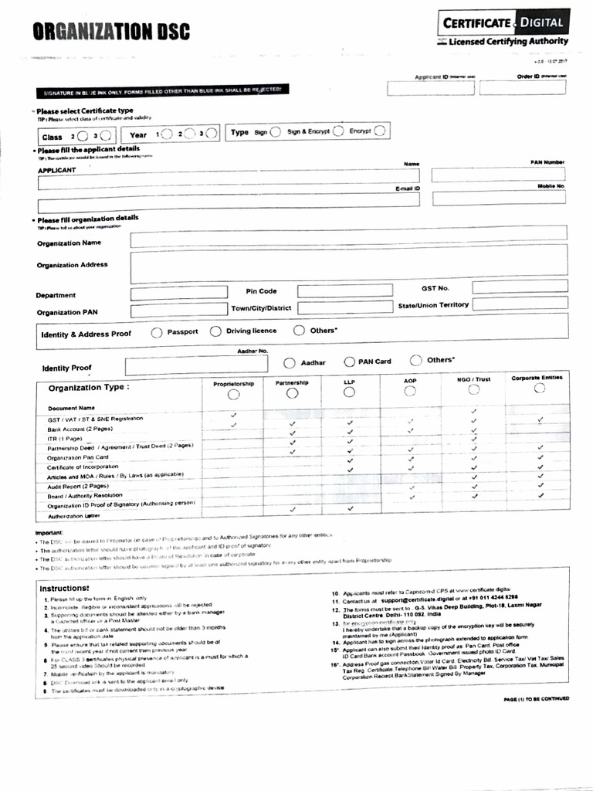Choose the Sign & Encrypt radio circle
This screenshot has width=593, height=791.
pyautogui.click(x=338, y=131)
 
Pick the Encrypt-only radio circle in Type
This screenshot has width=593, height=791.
pyautogui.click(x=381, y=131)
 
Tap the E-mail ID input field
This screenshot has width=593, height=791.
pyautogui.click(x=229, y=199)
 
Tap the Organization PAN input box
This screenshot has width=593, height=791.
pyautogui.click(x=178, y=311)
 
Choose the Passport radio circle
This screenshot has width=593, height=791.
pyautogui.click(x=157, y=332)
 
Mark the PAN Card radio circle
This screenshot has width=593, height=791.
pyautogui.click(x=349, y=362)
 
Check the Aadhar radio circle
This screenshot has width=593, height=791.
pyautogui.click(x=290, y=362)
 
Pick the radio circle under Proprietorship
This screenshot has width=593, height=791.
pyautogui.click(x=233, y=394)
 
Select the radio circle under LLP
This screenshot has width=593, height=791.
pyautogui.click(x=350, y=392)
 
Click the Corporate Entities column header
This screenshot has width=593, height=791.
pyautogui.click(x=537, y=378)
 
